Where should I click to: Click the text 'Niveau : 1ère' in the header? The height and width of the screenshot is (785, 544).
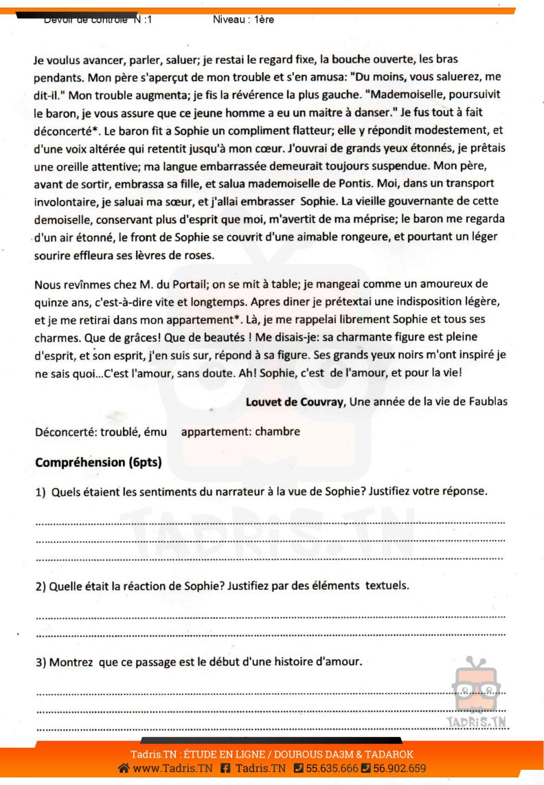244,19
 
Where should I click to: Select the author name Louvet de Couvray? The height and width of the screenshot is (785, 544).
295,402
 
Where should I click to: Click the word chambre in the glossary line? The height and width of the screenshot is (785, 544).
277,432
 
